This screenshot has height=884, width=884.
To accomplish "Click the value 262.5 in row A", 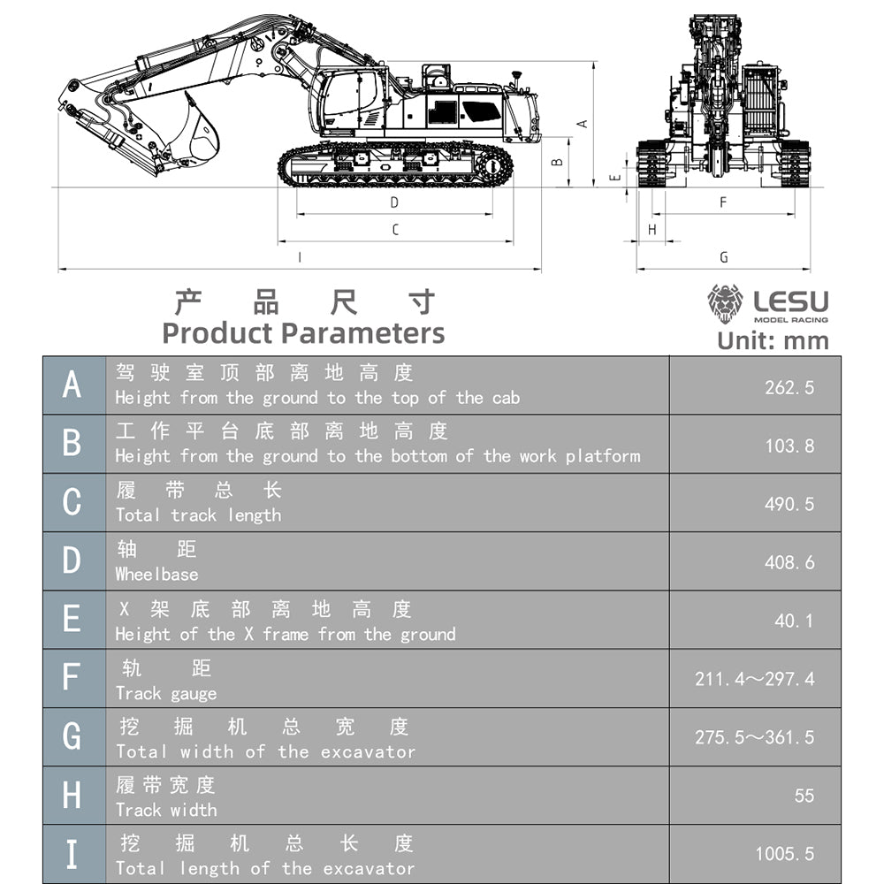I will coord(789,387).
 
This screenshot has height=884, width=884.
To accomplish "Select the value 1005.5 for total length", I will coord(784,854).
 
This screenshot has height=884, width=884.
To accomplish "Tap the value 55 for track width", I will coord(804,796).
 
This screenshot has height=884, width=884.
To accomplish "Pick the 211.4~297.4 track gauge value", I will coord(754,679).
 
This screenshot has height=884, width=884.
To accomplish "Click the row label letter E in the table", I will coord(72,620).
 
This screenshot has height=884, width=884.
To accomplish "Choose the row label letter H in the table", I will coord(72,796).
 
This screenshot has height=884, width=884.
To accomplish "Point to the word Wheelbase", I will coord(156,575).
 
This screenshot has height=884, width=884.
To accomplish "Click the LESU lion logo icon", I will coord(725,304).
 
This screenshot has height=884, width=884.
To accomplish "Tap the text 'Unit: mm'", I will coord(773,341).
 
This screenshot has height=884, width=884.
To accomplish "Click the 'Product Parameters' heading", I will coord(303,333).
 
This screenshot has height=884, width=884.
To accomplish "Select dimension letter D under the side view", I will coord(394,202).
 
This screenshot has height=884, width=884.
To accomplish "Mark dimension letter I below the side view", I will coord(300,257).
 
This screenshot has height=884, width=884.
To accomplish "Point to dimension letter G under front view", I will coord(724,257).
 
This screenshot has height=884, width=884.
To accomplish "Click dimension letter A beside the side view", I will coord(582,124).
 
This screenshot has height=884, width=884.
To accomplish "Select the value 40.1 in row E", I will coord(793,621).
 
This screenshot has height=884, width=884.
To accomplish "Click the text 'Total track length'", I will coord(198,515).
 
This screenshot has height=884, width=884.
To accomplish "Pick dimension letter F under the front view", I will coord(722,202).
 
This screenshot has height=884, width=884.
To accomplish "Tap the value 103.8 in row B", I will coord(789,446).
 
